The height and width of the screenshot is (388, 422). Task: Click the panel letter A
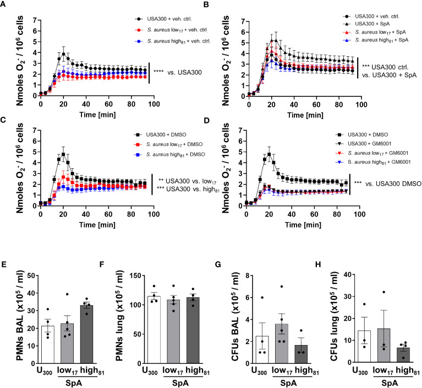point(4,5)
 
